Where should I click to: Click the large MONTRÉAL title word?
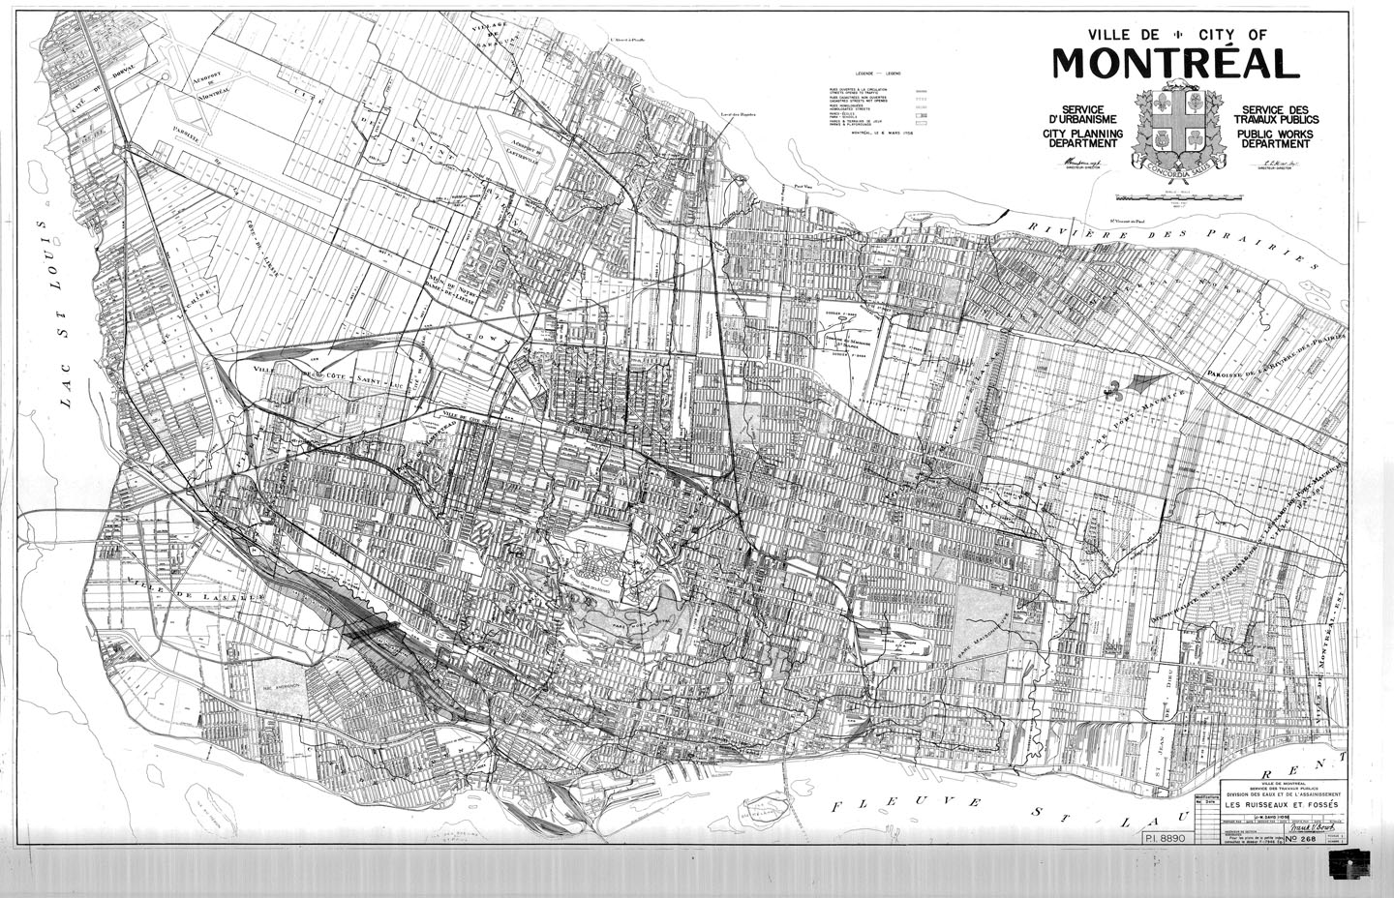point(1175,63)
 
